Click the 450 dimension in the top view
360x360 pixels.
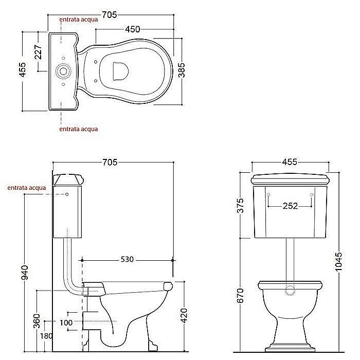[x=133, y=29]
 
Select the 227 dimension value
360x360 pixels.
[x=39, y=52]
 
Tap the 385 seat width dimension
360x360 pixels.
[x=182, y=70]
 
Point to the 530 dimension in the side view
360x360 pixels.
[x=127, y=259]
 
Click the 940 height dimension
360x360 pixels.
[x=24, y=273]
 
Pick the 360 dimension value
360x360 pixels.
[x=37, y=321]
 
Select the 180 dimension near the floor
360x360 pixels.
[x=46, y=336]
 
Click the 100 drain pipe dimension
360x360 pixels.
[x=66, y=323]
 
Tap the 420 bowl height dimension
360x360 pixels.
[x=184, y=315]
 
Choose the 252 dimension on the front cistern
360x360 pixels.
[x=290, y=206]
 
